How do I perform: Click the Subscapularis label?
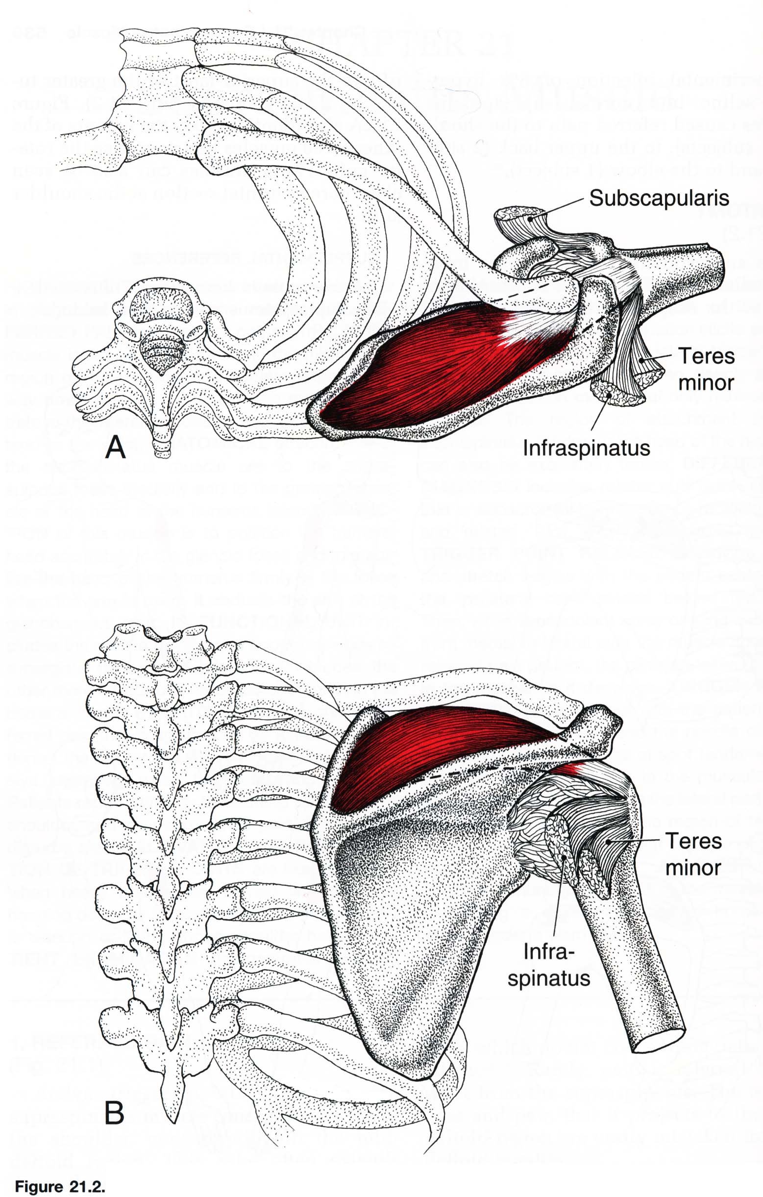pos(659,198)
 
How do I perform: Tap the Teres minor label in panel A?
pos(706,369)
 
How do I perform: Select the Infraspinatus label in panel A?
pos(587,448)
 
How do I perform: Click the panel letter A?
pos(115,448)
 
